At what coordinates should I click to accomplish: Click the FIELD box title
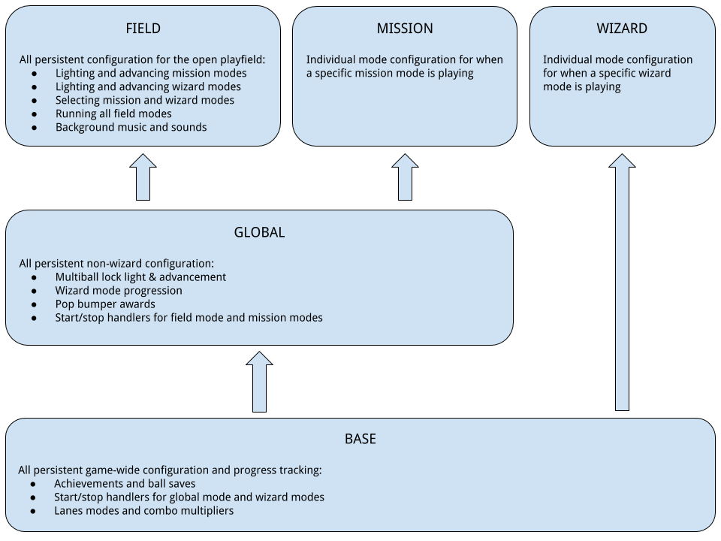point(143,29)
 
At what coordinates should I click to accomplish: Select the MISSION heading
point(405,29)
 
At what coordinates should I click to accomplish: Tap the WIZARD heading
point(622,29)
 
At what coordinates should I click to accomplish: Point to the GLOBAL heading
point(259,232)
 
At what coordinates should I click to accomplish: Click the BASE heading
point(360,439)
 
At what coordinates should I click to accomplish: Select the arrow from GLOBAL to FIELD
point(143,178)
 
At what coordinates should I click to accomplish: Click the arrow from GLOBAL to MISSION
point(405,178)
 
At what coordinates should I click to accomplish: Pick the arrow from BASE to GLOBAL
point(259,382)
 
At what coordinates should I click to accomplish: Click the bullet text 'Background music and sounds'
point(131,127)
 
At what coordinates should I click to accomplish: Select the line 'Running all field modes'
point(113,113)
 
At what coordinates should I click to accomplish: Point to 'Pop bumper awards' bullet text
point(105,304)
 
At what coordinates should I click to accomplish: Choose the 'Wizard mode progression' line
point(119,291)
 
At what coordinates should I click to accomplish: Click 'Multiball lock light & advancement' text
point(140,277)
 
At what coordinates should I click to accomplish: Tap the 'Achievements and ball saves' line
point(125,483)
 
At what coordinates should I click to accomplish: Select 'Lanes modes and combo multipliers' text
point(143,510)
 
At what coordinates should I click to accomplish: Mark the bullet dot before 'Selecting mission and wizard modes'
point(35,101)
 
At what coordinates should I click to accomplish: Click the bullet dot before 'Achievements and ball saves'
point(35,484)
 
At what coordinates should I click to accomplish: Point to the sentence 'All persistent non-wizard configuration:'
point(116,264)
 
